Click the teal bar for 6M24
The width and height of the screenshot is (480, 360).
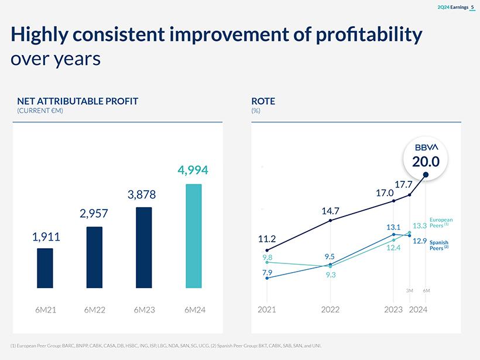point(193,236)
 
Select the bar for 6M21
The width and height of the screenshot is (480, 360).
point(45,268)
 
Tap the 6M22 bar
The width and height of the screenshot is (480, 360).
point(94,257)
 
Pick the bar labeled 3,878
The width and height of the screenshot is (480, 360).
point(144,247)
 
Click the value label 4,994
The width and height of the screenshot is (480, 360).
point(193,170)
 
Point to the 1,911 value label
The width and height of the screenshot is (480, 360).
point(46,237)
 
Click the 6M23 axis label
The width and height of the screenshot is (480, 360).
point(144,309)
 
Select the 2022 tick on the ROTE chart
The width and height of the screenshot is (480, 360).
point(331,309)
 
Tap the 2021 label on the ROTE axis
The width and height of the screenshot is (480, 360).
point(267,309)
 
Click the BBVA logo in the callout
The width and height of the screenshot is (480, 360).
point(426,147)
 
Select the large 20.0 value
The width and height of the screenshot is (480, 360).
point(426,161)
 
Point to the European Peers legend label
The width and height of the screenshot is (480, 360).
point(441,223)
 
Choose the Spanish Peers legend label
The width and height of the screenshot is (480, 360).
point(439,245)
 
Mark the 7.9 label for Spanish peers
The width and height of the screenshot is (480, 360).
point(267,272)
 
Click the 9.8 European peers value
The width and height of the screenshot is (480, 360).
point(267,257)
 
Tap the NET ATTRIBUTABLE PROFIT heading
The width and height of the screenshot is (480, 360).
point(78,101)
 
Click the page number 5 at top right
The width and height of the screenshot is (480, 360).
point(472,6)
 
